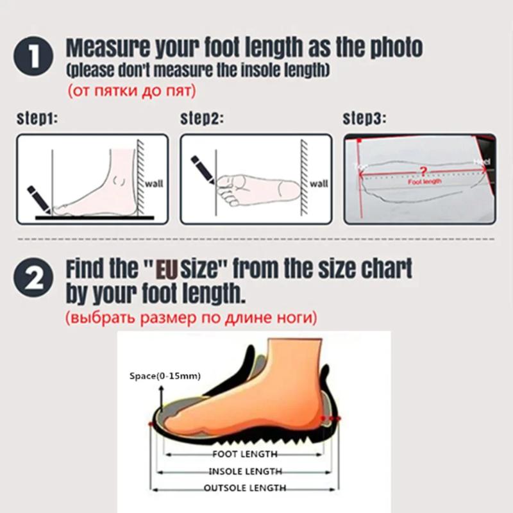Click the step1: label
(x=36, y=119)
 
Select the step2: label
(x=200, y=119)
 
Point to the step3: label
(x=364, y=119)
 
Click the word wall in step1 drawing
(x=155, y=183)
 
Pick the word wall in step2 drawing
(x=319, y=183)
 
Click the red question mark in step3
(x=421, y=171)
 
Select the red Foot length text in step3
(x=425, y=182)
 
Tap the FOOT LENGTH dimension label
(x=244, y=454)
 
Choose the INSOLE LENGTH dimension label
(x=244, y=471)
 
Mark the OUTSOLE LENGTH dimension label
(x=244, y=489)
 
